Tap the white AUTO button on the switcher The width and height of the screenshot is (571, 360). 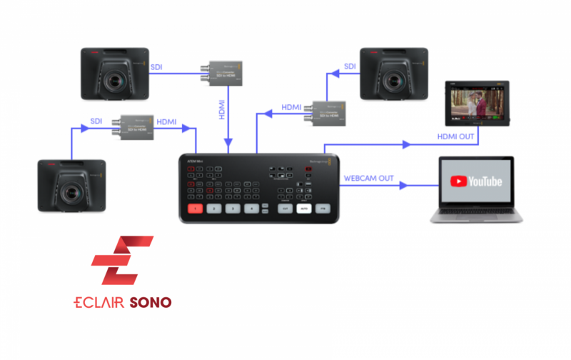click(305, 209)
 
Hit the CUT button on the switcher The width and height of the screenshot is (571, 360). click(285, 209)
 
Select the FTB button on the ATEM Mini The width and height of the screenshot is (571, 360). click(323, 209)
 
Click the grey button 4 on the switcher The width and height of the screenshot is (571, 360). click(251, 209)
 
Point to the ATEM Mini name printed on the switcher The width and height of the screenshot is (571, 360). click(196, 162)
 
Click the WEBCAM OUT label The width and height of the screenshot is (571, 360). click(370, 176)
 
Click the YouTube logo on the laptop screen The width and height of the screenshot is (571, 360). click(476, 181)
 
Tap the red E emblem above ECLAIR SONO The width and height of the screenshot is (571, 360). click(122, 261)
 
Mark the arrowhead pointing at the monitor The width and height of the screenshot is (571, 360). click(406, 145)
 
